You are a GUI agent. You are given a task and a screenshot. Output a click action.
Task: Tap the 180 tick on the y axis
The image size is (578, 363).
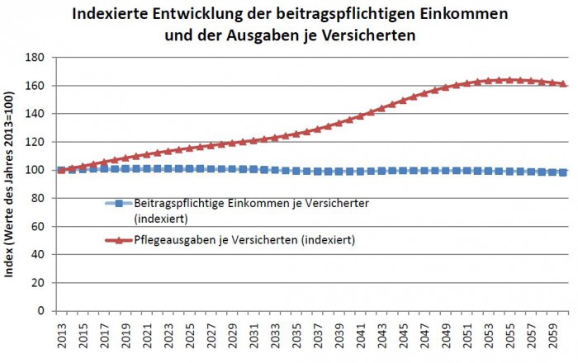[36, 58]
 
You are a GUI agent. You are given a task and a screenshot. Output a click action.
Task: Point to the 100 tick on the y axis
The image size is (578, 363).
[36, 171]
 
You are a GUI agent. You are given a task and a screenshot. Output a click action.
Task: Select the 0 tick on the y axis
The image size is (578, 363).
[42, 312]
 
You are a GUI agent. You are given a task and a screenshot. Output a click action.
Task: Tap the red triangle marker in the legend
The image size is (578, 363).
[119, 240]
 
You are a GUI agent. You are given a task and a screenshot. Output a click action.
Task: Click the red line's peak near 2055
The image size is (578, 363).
[512, 80]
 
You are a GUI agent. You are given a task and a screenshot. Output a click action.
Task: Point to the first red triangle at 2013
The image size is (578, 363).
[60, 170]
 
